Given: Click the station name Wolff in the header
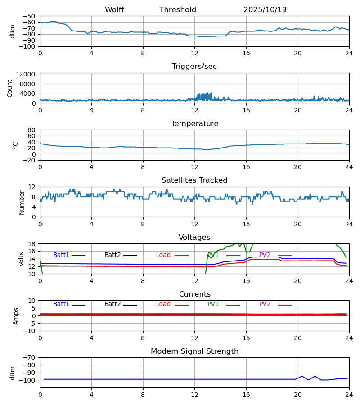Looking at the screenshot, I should click(x=114, y=10).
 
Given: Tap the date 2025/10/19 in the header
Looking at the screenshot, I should click(x=265, y=10).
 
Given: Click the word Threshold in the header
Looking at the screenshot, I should click(x=178, y=10).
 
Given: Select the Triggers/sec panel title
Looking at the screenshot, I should click(x=194, y=67).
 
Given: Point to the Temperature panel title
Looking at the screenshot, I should click(x=194, y=124).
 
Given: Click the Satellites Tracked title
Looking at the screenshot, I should click(x=194, y=180).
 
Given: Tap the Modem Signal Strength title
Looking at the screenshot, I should click(x=194, y=351).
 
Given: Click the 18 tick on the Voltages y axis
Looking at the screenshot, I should click(x=32, y=244).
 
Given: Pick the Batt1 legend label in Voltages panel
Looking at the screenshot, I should click(x=61, y=255).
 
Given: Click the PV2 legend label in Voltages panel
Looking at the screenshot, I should click(x=265, y=255).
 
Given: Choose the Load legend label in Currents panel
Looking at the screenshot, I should click(x=163, y=304).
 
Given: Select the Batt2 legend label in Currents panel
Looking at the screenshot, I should click(x=112, y=304).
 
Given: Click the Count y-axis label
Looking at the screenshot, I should click(x=10, y=88).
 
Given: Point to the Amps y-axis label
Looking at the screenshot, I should click(x=16, y=316).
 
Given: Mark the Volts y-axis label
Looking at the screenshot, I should click(x=22, y=259).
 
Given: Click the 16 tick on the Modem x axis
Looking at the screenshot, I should click(x=246, y=394).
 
